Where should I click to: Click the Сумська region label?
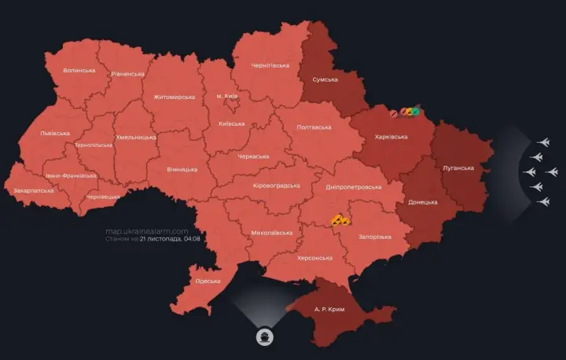325,79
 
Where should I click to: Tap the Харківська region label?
391,138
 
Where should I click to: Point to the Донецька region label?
423,202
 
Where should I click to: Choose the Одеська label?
208,281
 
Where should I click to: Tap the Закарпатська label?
34,190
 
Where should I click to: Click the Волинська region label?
79,70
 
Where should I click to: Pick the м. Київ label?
226,96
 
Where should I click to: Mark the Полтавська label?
314,127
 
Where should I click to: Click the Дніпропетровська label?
353,187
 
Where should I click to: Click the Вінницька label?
182,169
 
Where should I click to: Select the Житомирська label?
174,97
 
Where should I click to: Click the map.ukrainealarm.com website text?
147,231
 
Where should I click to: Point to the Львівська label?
55,134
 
